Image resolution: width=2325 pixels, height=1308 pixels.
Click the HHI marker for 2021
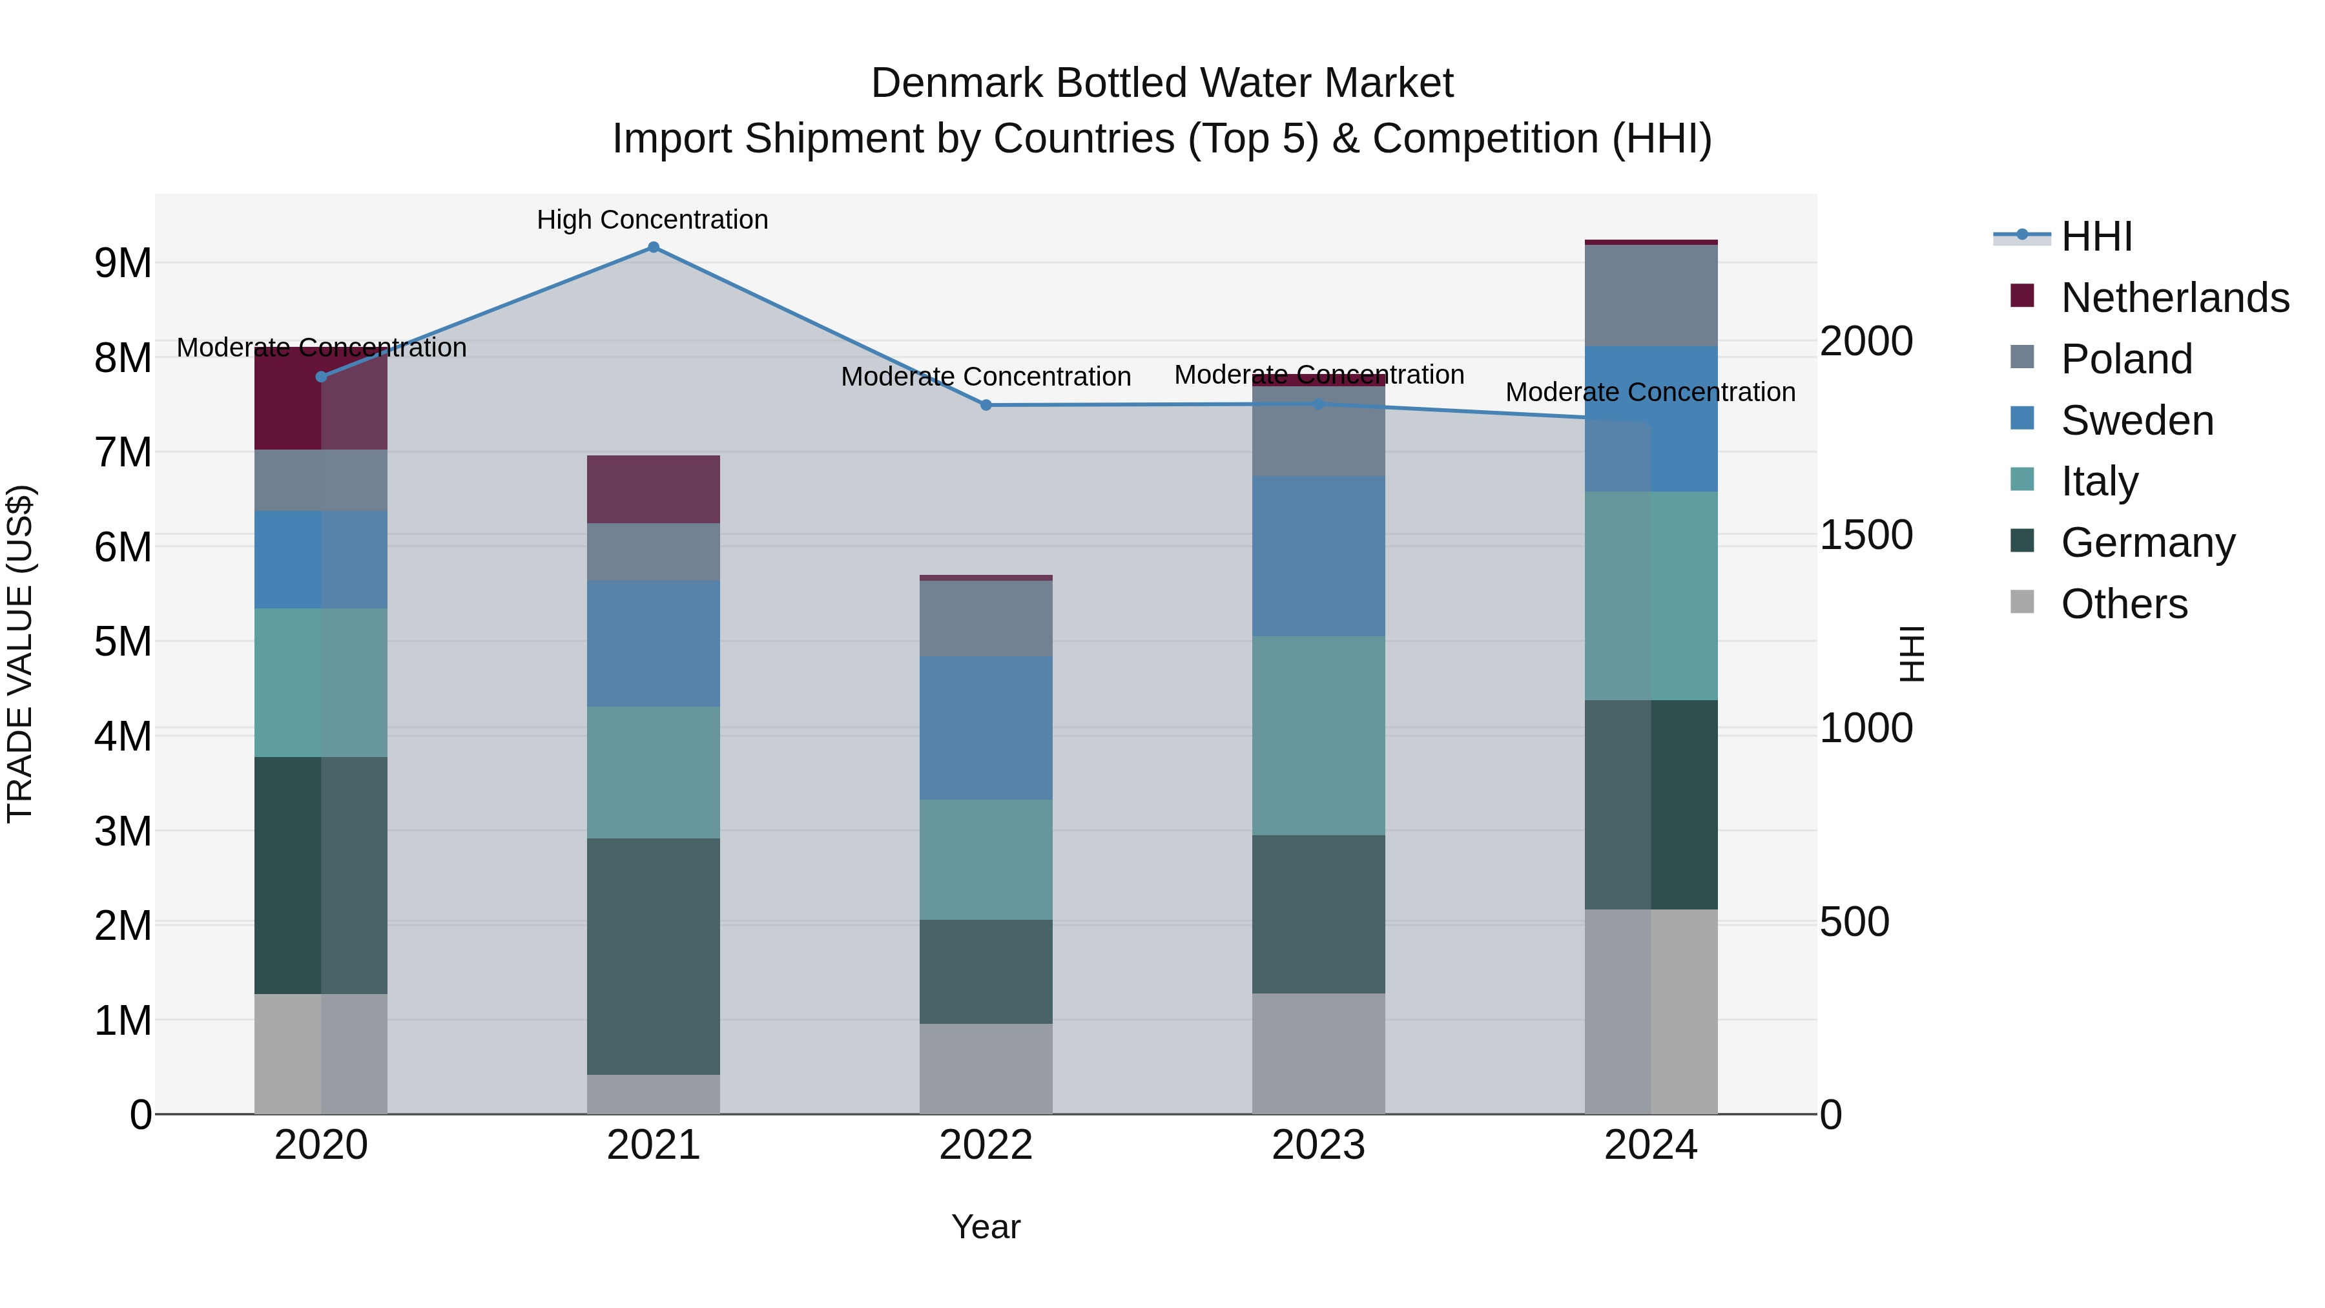pyautogui.click(x=654, y=247)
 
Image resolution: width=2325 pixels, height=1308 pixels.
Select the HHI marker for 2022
pyautogui.click(x=986, y=405)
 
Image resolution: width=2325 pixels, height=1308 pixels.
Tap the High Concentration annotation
pyautogui.click(x=652, y=220)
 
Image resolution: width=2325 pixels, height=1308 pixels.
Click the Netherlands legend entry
pyautogui.click(x=2175, y=298)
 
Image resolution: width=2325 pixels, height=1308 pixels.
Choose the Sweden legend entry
pyautogui.click(x=2136, y=420)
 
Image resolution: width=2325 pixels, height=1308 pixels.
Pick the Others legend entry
pyautogui.click(x=2123, y=604)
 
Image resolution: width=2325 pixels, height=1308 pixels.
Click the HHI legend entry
pyautogui.click(x=2096, y=236)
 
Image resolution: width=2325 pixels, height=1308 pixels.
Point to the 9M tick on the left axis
pyautogui.click(x=123, y=264)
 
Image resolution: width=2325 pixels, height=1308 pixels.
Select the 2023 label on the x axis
pyautogui.click(x=1317, y=1145)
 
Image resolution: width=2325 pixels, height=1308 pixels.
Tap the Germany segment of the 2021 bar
pyautogui.click(x=654, y=956)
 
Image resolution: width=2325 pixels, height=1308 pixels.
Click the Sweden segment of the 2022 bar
pyautogui.click(x=986, y=727)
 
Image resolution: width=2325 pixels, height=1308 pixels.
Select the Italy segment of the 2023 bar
pyautogui.click(x=1317, y=735)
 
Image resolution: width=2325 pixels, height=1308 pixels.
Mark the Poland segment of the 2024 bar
pyautogui.click(x=1651, y=295)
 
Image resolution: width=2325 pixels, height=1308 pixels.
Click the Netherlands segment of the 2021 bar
pyautogui.click(x=654, y=488)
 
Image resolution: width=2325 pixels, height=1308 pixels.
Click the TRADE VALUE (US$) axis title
pyautogui.click(x=20, y=654)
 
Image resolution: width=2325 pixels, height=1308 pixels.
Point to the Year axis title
pyautogui.click(x=986, y=1227)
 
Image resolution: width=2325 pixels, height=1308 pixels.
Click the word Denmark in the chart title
pyautogui.click(x=958, y=83)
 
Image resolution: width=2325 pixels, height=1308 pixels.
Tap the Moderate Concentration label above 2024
pyautogui.click(x=1650, y=393)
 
